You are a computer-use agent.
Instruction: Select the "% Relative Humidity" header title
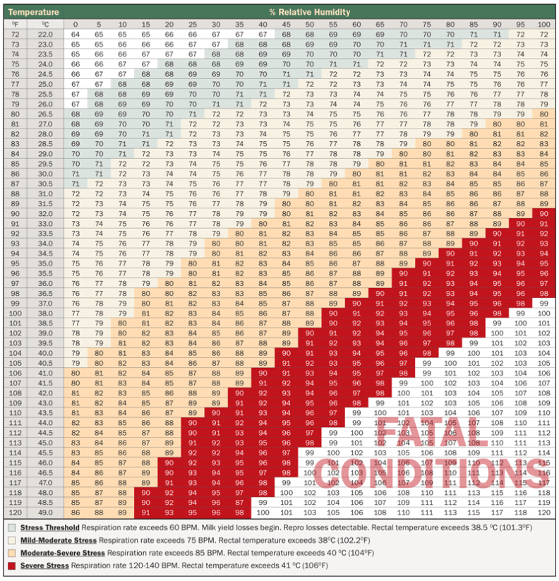point(309,12)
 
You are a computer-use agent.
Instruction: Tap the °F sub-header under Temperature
point(15,24)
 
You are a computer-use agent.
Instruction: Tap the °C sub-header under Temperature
point(45,24)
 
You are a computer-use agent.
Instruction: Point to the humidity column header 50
point(309,24)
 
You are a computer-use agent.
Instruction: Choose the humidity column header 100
point(543,24)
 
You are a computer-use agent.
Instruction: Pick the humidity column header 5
point(99,24)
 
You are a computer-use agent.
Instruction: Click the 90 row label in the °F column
point(15,212)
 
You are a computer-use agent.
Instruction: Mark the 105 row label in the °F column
point(15,363)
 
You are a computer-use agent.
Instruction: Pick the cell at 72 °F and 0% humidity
point(76,34)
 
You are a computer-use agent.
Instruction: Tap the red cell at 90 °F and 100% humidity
point(543,212)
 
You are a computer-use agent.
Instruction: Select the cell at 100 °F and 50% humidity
point(309,313)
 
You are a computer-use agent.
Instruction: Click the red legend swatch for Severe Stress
point(11,566)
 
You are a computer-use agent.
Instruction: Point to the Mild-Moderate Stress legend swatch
point(11,540)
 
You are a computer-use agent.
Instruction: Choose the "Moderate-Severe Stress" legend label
point(59,553)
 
